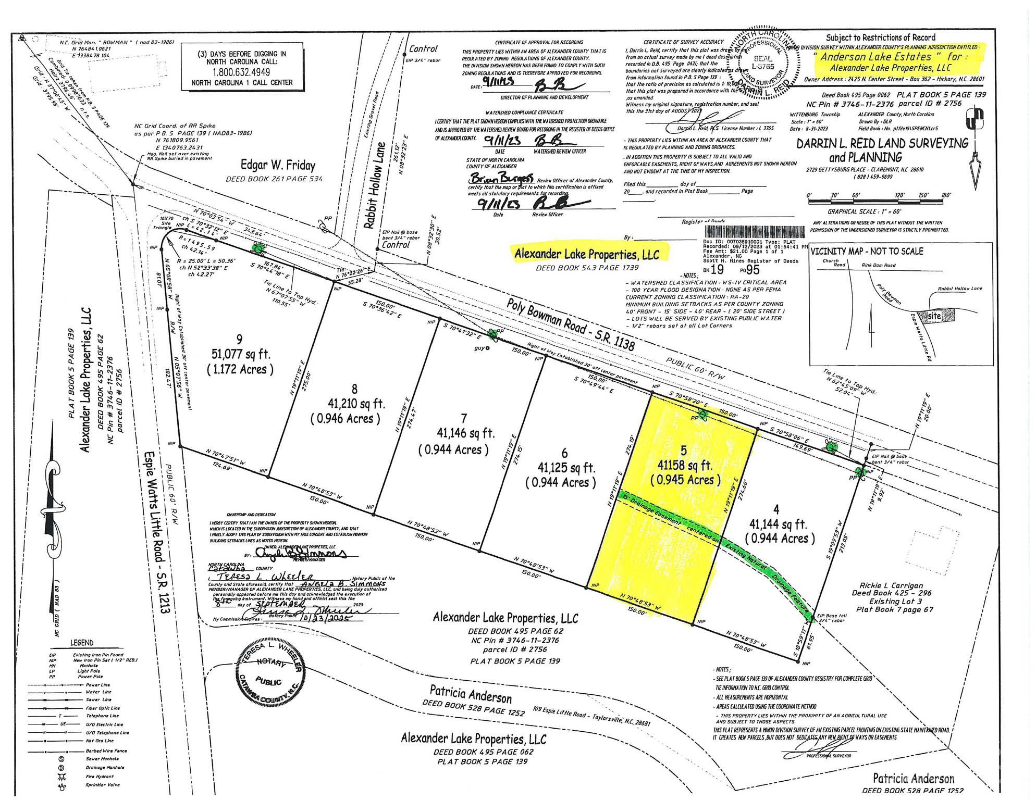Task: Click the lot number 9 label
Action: point(239,340)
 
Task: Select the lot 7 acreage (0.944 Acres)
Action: point(453,449)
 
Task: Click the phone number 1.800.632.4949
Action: point(242,72)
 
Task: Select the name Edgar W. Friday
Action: point(278,166)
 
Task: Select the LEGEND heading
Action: point(82,643)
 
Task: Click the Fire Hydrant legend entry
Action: point(99,776)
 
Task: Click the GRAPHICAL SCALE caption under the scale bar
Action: point(871,211)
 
